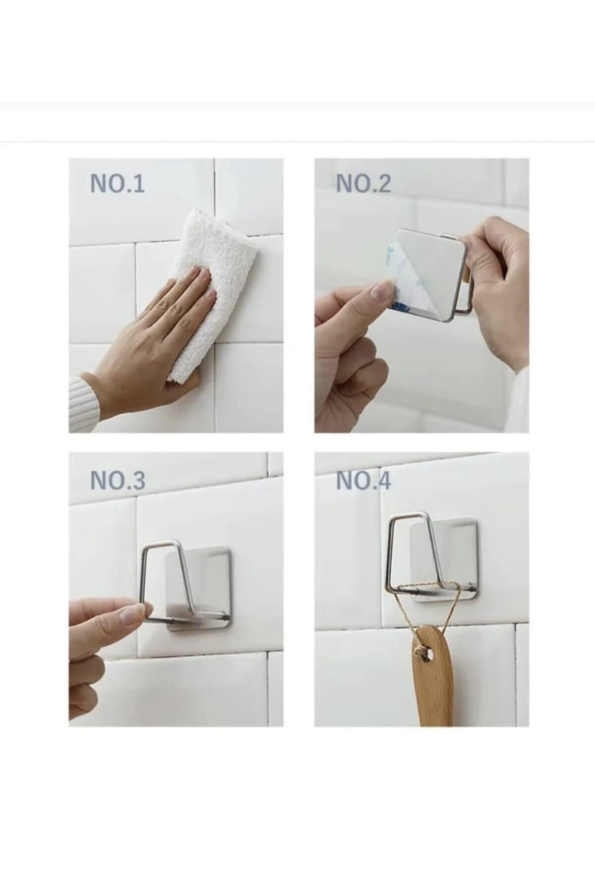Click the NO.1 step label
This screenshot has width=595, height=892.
click(117, 183)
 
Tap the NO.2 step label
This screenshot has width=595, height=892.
click(363, 183)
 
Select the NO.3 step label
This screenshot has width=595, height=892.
click(118, 480)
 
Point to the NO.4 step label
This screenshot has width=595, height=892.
click(363, 480)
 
